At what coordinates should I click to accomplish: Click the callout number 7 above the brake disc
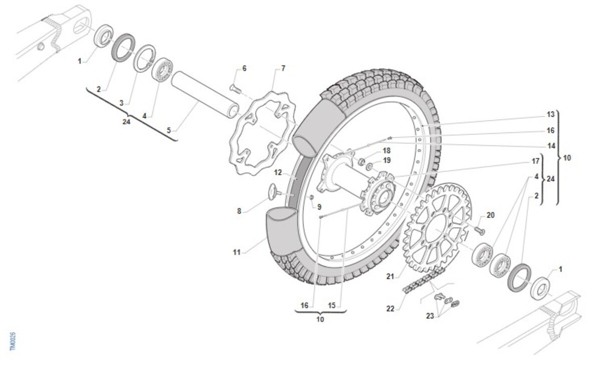(x=283, y=68)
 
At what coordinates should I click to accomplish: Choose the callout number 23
(x=430, y=316)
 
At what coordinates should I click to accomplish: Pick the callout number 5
(x=169, y=130)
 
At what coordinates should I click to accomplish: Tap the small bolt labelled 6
(x=234, y=88)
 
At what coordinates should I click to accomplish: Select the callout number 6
(x=244, y=68)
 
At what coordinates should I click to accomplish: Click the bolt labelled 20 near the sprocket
(x=478, y=230)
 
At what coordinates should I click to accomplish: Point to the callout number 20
(x=490, y=215)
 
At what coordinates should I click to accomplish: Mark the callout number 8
(x=239, y=212)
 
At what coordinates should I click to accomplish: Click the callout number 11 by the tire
(x=236, y=252)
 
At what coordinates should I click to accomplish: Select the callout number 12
(x=278, y=173)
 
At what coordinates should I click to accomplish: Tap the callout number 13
(x=551, y=115)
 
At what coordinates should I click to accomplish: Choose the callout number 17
(x=536, y=161)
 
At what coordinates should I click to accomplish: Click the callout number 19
(x=387, y=160)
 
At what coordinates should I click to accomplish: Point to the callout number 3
(x=121, y=102)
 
